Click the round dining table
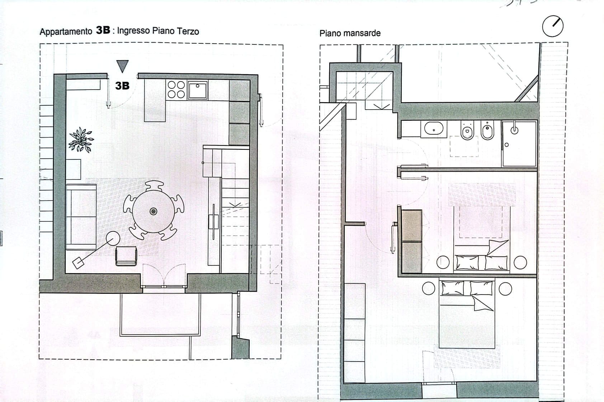click(x=154, y=211)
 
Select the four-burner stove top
click(x=176, y=90)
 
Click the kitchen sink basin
click(x=198, y=90)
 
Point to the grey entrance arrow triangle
click(x=122, y=66)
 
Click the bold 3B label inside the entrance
click(x=122, y=86)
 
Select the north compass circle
click(x=552, y=27)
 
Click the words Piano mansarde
click(x=350, y=33)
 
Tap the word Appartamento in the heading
click(x=66, y=32)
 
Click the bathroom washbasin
click(x=434, y=129)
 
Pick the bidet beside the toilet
click(x=487, y=130)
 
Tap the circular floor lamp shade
click(x=113, y=238)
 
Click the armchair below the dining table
click(x=126, y=256)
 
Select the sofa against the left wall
click(x=81, y=217)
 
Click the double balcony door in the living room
click(x=164, y=277)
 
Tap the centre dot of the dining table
click(x=154, y=211)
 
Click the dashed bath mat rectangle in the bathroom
click(x=464, y=146)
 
